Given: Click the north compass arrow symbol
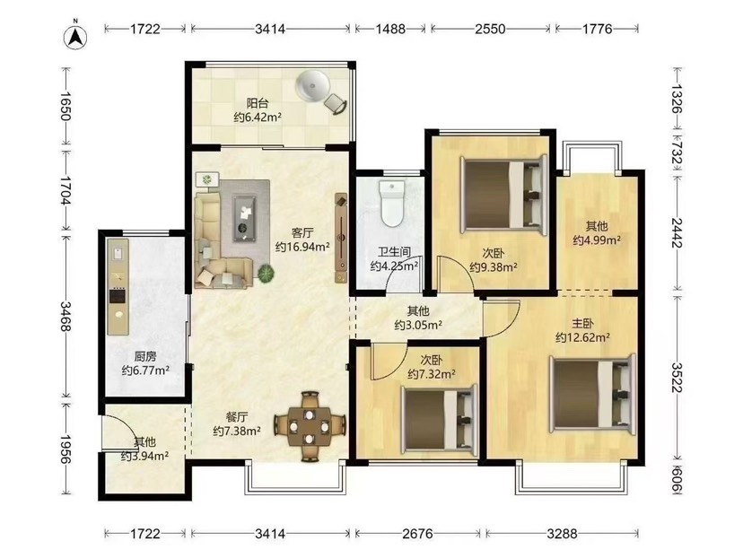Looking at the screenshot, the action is (x=75, y=36).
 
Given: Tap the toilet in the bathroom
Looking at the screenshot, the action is (x=392, y=203).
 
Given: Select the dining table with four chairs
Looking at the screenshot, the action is (x=310, y=426).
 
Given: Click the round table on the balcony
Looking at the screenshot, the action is (x=312, y=86).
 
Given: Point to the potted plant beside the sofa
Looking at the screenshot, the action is (x=266, y=274).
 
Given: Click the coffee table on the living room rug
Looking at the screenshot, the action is (x=244, y=218).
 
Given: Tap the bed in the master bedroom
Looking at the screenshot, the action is (x=593, y=393).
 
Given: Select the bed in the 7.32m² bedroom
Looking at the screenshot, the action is (x=438, y=417).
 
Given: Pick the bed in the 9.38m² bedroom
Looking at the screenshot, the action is (x=503, y=195).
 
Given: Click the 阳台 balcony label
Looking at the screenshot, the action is (x=258, y=103).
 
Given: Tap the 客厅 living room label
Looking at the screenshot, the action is (x=302, y=233).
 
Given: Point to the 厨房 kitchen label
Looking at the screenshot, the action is (x=145, y=357).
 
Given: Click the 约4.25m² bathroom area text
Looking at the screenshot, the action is (x=394, y=266).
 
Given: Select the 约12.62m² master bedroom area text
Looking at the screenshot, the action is (x=582, y=337).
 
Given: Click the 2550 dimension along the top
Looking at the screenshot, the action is (x=490, y=29).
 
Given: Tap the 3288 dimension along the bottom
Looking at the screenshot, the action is (x=562, y=534).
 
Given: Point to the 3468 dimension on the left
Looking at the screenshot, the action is (x=66, y=316).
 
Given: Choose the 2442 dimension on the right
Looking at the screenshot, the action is (x=677, y=232).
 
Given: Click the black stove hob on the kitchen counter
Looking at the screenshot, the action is (x=118, y=296).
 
